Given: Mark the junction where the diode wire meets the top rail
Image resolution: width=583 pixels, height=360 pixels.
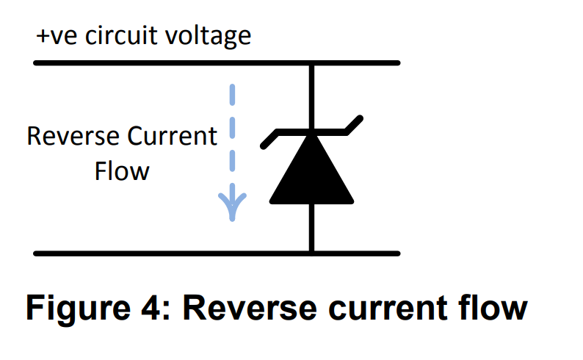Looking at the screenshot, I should (x=312, y=63).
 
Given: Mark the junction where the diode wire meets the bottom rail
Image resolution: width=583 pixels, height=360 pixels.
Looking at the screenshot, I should (x=312, y=253).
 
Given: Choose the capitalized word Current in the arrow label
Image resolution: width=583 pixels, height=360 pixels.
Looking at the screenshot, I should (x=173, y=137).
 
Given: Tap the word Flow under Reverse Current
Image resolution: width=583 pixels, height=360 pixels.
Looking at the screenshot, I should (x=122, y=171).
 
